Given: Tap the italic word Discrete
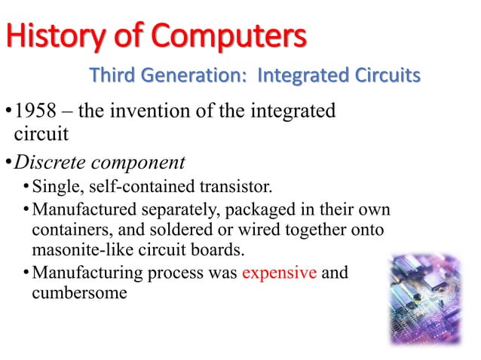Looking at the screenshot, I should [x=50, y=163].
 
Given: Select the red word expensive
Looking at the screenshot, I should [x=279, y=272].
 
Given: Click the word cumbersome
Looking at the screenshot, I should [x=79, y=292].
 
